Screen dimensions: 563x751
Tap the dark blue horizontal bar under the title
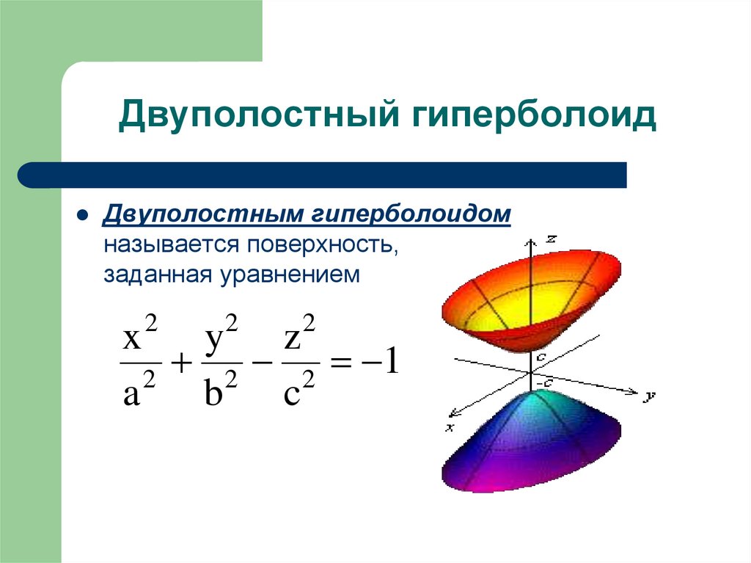[x=323, y=175]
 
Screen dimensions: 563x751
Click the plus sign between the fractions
[x=180, y=362]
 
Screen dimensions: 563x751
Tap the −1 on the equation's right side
[x=383, y=362]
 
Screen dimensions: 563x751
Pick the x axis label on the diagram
[x=449, y=426]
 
